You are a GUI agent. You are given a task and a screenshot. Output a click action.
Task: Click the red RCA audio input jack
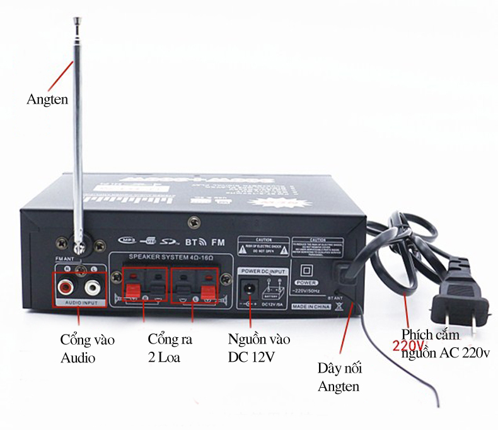click(64, 289)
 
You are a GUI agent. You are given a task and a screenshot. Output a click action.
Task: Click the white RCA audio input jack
click(93, 289)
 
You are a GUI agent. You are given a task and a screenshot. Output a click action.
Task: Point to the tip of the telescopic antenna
click(78, 20)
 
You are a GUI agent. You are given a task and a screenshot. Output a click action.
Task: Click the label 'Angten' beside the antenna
click(47, 100)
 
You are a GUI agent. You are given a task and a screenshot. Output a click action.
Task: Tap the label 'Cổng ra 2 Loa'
click(170, 349)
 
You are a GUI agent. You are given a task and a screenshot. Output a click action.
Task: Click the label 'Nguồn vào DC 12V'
click(259, 349)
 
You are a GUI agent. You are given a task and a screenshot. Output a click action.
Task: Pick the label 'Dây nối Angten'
click(340, 378)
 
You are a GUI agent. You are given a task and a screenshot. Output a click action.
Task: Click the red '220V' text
click(408, 346)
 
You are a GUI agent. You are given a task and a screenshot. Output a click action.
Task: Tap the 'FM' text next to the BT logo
click(218, 242)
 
